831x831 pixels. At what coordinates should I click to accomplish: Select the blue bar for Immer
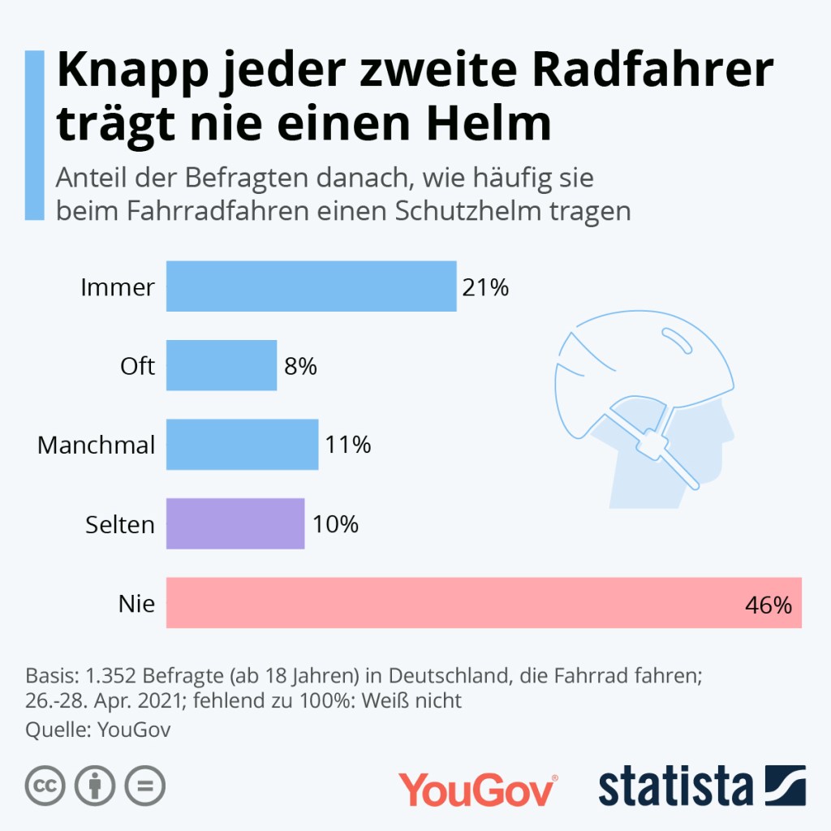[311, 286]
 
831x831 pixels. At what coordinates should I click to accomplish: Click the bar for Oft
[222, 365]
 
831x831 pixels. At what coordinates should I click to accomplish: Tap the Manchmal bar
[242, 444]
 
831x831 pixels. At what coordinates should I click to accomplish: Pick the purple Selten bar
[235, 523]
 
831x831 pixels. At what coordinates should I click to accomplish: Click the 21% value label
[484, 286]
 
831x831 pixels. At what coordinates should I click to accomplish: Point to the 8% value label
[299, 366]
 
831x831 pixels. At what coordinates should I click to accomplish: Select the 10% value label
[335, 524]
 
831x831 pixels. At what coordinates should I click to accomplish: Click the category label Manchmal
[96, 445]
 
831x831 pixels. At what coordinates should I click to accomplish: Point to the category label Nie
[136, 603]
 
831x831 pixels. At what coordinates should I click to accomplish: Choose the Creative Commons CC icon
[45, 786]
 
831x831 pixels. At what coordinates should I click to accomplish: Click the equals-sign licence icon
[144, 786]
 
